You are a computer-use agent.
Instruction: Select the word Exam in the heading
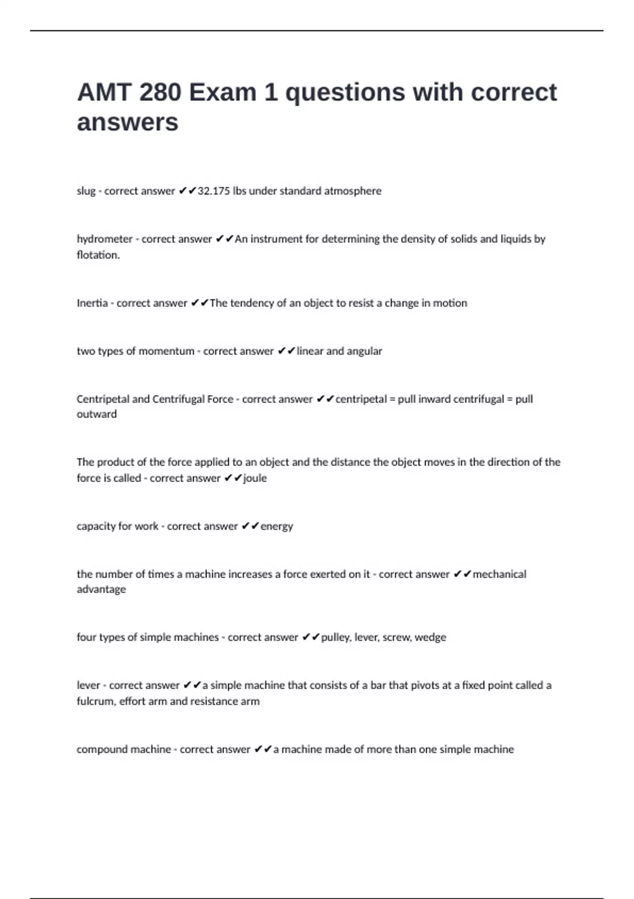[x=222, y=93]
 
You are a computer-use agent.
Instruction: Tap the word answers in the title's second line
[x=128, y=123]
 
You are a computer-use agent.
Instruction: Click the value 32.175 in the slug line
[x=214, y=191]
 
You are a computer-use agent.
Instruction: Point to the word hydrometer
[x=105, y=239]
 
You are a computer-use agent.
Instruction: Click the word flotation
[x=98, y=255]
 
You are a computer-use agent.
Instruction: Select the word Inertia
[x=92, y=303]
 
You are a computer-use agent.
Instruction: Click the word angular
[x=365, y=351]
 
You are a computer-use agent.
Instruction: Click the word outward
[x=97, y=414]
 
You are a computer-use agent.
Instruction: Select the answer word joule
[x=255, y=478]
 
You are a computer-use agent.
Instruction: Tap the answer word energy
[x=277, y=526]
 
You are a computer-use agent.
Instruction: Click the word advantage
[x=101, y=589]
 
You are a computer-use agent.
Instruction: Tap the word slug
[x=86, y=191]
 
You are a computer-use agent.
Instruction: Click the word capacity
[x=96, y=526]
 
